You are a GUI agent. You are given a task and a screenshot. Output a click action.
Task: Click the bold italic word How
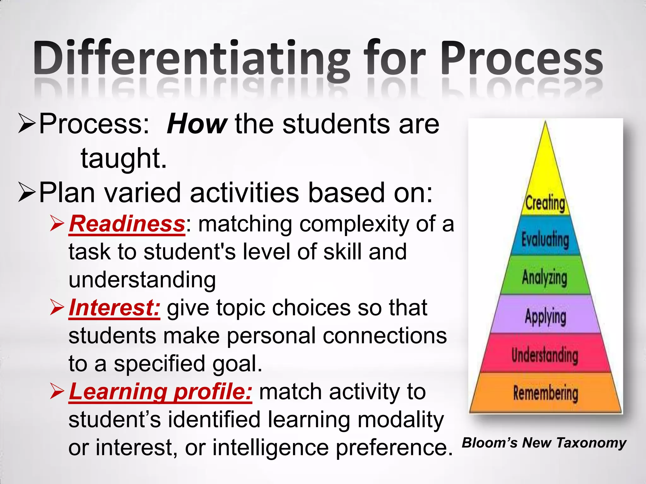coord(196,124)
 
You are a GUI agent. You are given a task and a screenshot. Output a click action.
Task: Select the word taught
coord(123,158)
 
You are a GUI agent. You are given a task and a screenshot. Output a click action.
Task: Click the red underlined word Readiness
coord(127,224)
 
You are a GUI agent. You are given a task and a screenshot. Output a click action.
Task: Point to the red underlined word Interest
coord(114,308)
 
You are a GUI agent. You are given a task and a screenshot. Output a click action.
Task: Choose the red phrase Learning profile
coord(160,392)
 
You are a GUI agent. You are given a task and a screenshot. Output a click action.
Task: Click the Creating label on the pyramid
coord(545,203)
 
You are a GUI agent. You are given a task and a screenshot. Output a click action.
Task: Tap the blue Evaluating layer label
coord(545,239)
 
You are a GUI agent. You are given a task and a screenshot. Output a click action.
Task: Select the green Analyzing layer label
coord(544,278)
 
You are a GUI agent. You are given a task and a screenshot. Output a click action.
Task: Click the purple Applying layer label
coord(545,316)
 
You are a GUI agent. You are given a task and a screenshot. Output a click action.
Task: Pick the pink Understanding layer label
coord(545,355)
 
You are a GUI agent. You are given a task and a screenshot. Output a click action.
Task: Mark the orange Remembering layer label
coord(545,393)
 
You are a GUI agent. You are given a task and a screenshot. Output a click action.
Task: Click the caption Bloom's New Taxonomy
coord(544,443)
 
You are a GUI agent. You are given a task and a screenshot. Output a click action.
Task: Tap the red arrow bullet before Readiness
coord(57,224)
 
